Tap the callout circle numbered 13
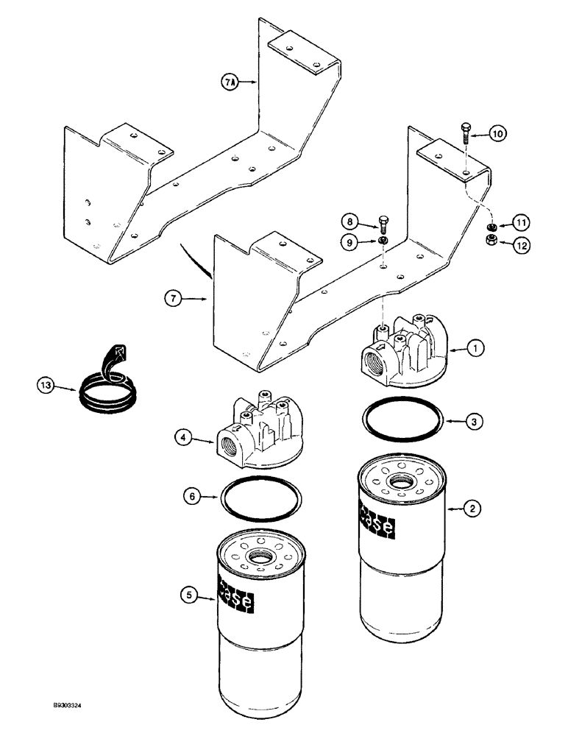(46, 384)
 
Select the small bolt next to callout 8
(382, 222)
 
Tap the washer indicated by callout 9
(383, 241)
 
